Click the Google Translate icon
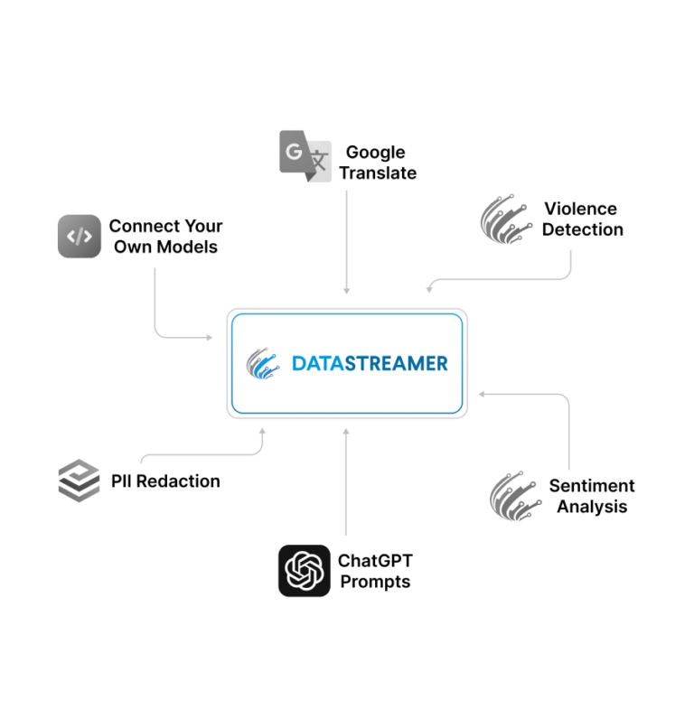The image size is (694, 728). pos(305,156)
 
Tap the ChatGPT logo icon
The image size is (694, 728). pos(304,570)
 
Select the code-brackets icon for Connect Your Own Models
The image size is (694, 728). pos(80,237)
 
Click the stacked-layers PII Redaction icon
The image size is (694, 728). pos(79,481)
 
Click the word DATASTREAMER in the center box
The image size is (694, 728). pos(369,364)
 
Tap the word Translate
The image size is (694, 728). pos(378,173)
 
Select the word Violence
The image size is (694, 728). pos(580,209)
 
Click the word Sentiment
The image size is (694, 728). pos(592,486)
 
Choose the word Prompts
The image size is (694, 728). pos(374,582)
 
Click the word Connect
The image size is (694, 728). pos(143,226)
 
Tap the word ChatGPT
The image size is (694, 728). pos(375,561)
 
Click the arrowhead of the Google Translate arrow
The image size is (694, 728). pos(346,290)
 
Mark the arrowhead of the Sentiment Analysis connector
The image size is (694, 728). pos(482,394)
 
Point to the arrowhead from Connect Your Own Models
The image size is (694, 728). pos(209,338)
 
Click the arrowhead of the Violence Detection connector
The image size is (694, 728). pos(430,288)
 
